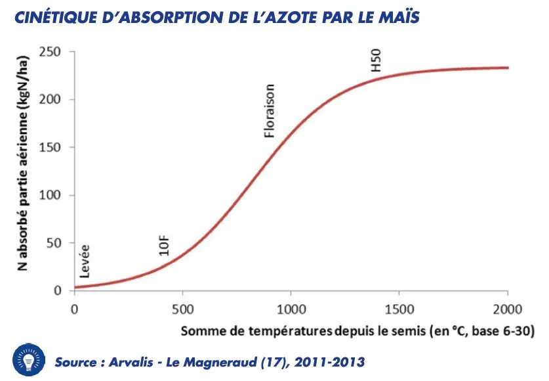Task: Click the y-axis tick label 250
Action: tap(55, 52)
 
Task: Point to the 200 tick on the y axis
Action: tap(55, 100)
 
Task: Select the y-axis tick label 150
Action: tap(55, 148)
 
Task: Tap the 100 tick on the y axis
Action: tap(55, 196)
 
